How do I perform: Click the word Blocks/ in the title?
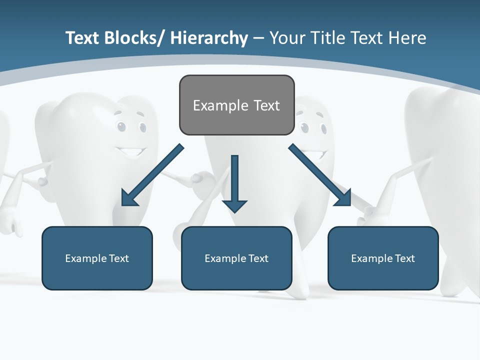(132, 38)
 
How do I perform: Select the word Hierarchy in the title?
(209, 38)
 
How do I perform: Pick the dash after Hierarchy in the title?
(258, 38)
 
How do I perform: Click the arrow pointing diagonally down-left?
(152, 175)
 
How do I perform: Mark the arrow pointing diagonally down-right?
(320, 175)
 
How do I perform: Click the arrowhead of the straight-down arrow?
(234, 205)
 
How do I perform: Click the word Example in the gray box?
(220, 105)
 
